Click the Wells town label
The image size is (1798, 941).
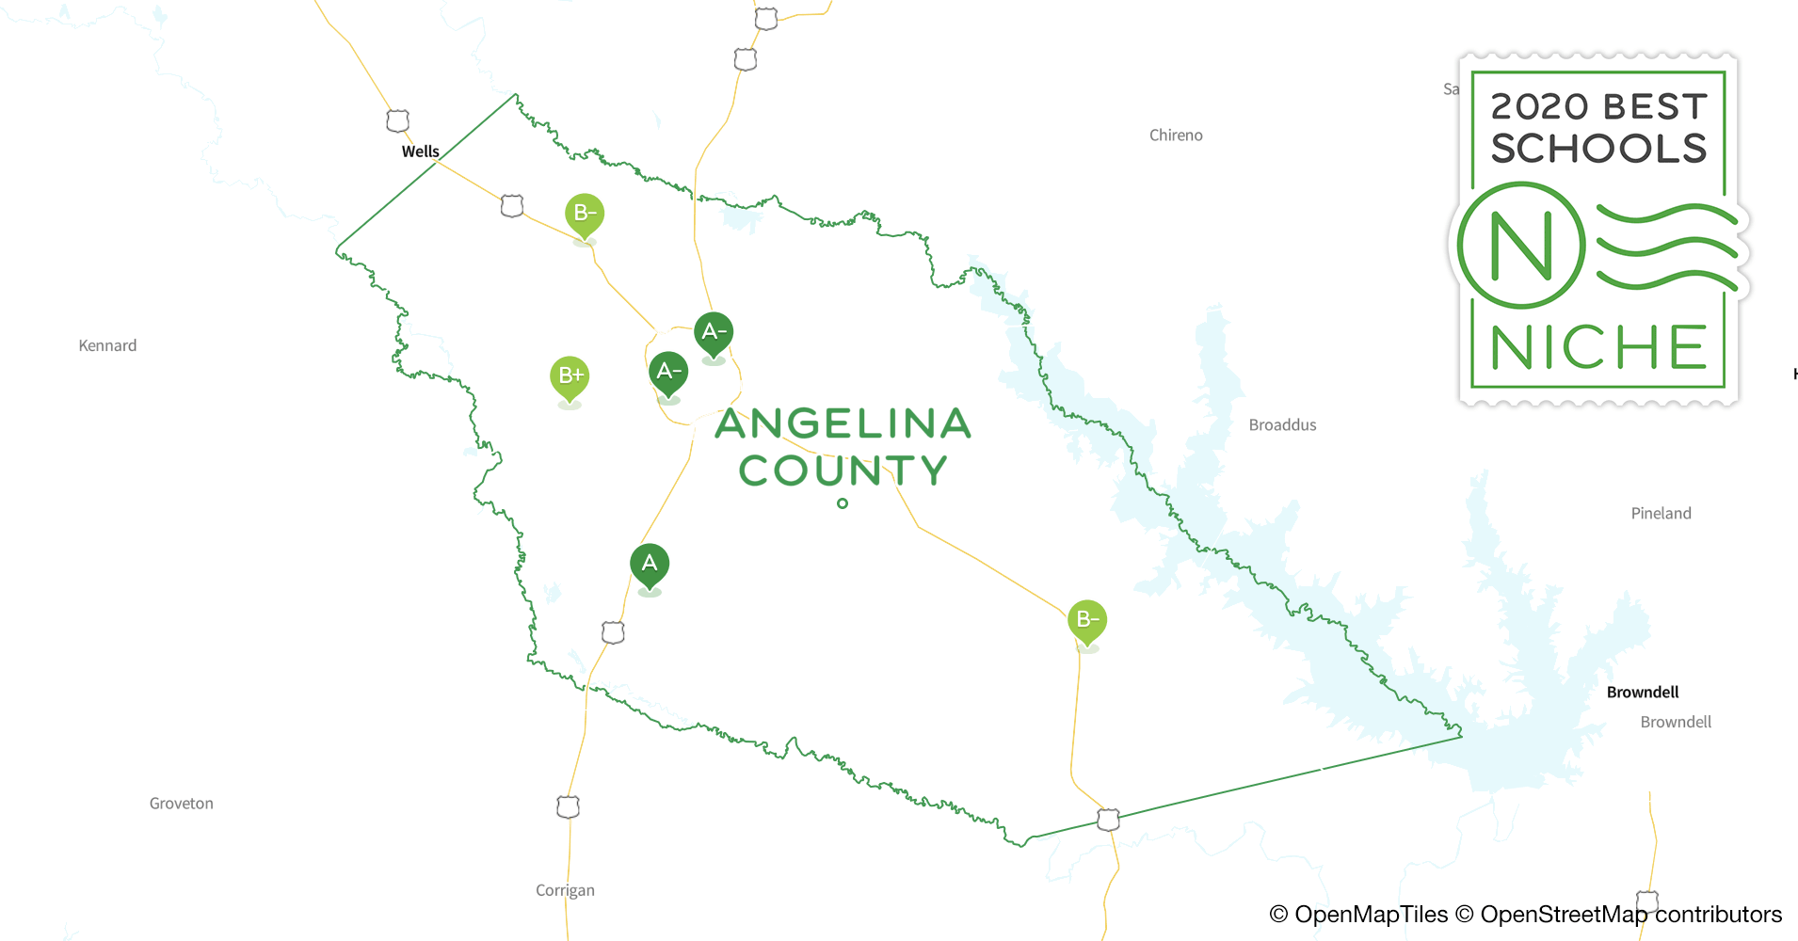click(x=420, y=152)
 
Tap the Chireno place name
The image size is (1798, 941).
click(x=1176, y=136)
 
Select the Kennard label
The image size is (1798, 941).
click(x=107, y=346)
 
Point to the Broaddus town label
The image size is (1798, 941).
click(x=1282, y=425)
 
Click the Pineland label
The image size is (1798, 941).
click(x=1661, y=514)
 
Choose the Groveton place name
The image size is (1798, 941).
click(x=181, y=804)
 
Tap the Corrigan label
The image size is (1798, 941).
click(x=565, y=890)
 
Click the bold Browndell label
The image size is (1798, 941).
click(x=1643, y=693)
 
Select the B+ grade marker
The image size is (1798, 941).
click(x=570, y=376)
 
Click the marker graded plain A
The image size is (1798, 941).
click(x=650, y=565)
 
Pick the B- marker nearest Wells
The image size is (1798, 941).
click(x=585, y=214)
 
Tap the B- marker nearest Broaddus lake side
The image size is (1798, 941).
click(x=1087, y=620)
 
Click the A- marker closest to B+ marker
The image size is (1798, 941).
click(x=668, y=372)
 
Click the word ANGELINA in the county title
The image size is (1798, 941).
click(x=843, y=424)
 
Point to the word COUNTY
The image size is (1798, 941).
click(x=843, y=470)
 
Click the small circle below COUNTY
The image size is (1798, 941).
click(x=843, y=503)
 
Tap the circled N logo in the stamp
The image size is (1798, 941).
click(x=1521, y=247)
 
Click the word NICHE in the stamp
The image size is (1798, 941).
click(x=1598, y=348)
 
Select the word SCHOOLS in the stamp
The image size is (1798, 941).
click(x=1598, y=149)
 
